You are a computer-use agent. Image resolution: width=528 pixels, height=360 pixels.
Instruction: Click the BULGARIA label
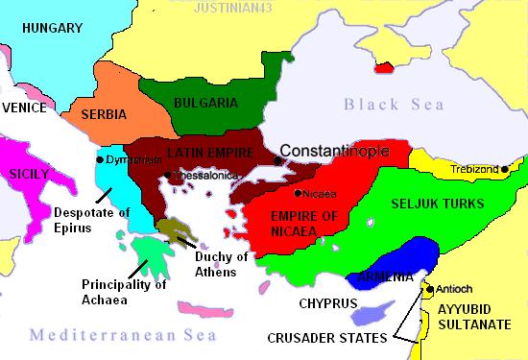click(206, 101)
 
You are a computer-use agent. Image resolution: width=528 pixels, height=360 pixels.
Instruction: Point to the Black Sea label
click(393, 104)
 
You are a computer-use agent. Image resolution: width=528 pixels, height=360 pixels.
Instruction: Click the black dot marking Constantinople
click(276, 160)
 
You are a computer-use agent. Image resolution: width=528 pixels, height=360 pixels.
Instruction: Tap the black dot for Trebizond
click(505, 170)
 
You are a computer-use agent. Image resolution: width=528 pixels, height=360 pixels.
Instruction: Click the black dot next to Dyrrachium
click(100, 158)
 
